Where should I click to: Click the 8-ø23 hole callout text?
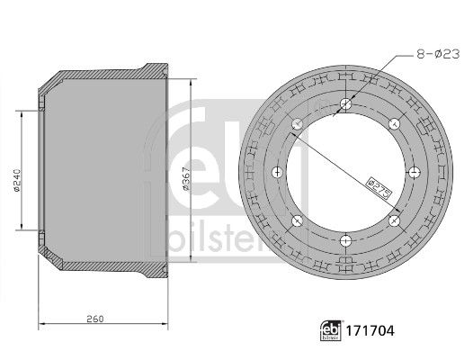438,54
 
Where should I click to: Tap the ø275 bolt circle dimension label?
379,188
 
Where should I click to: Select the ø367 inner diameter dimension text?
186,178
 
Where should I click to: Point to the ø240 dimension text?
16,180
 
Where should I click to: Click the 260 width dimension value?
95,319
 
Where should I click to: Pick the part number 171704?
370,330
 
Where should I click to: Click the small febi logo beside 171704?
331,330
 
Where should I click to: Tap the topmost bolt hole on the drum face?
345,104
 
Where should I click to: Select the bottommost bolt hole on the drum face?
345,241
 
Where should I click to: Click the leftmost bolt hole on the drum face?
277,173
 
